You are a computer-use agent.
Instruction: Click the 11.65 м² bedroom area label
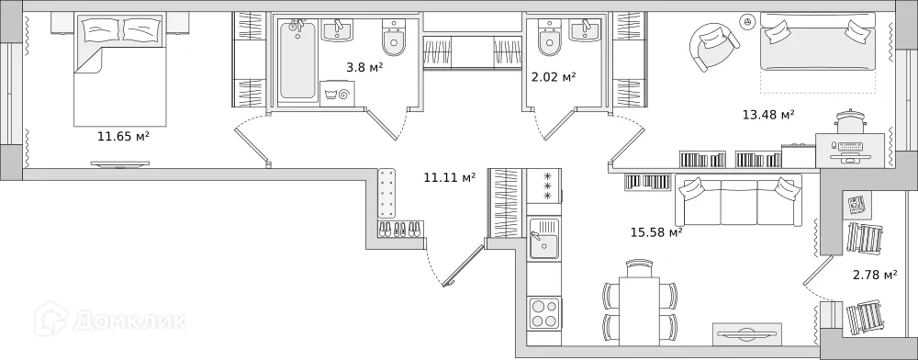[x=123, y=137]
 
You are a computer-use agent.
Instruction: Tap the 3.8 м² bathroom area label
[x=364, y=67]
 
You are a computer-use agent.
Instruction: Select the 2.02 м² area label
[x=554, y=77]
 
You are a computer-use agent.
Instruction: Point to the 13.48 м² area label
[x=768, y=115]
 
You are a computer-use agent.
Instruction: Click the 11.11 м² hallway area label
[x=449, y=177]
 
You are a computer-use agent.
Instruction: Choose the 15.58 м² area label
[x=655, y=232]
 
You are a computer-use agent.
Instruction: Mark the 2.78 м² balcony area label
[x=874, y=275]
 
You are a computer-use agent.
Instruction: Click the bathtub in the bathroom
[x=297, y=61]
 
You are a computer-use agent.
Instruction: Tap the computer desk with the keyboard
[x=850, y=147]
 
